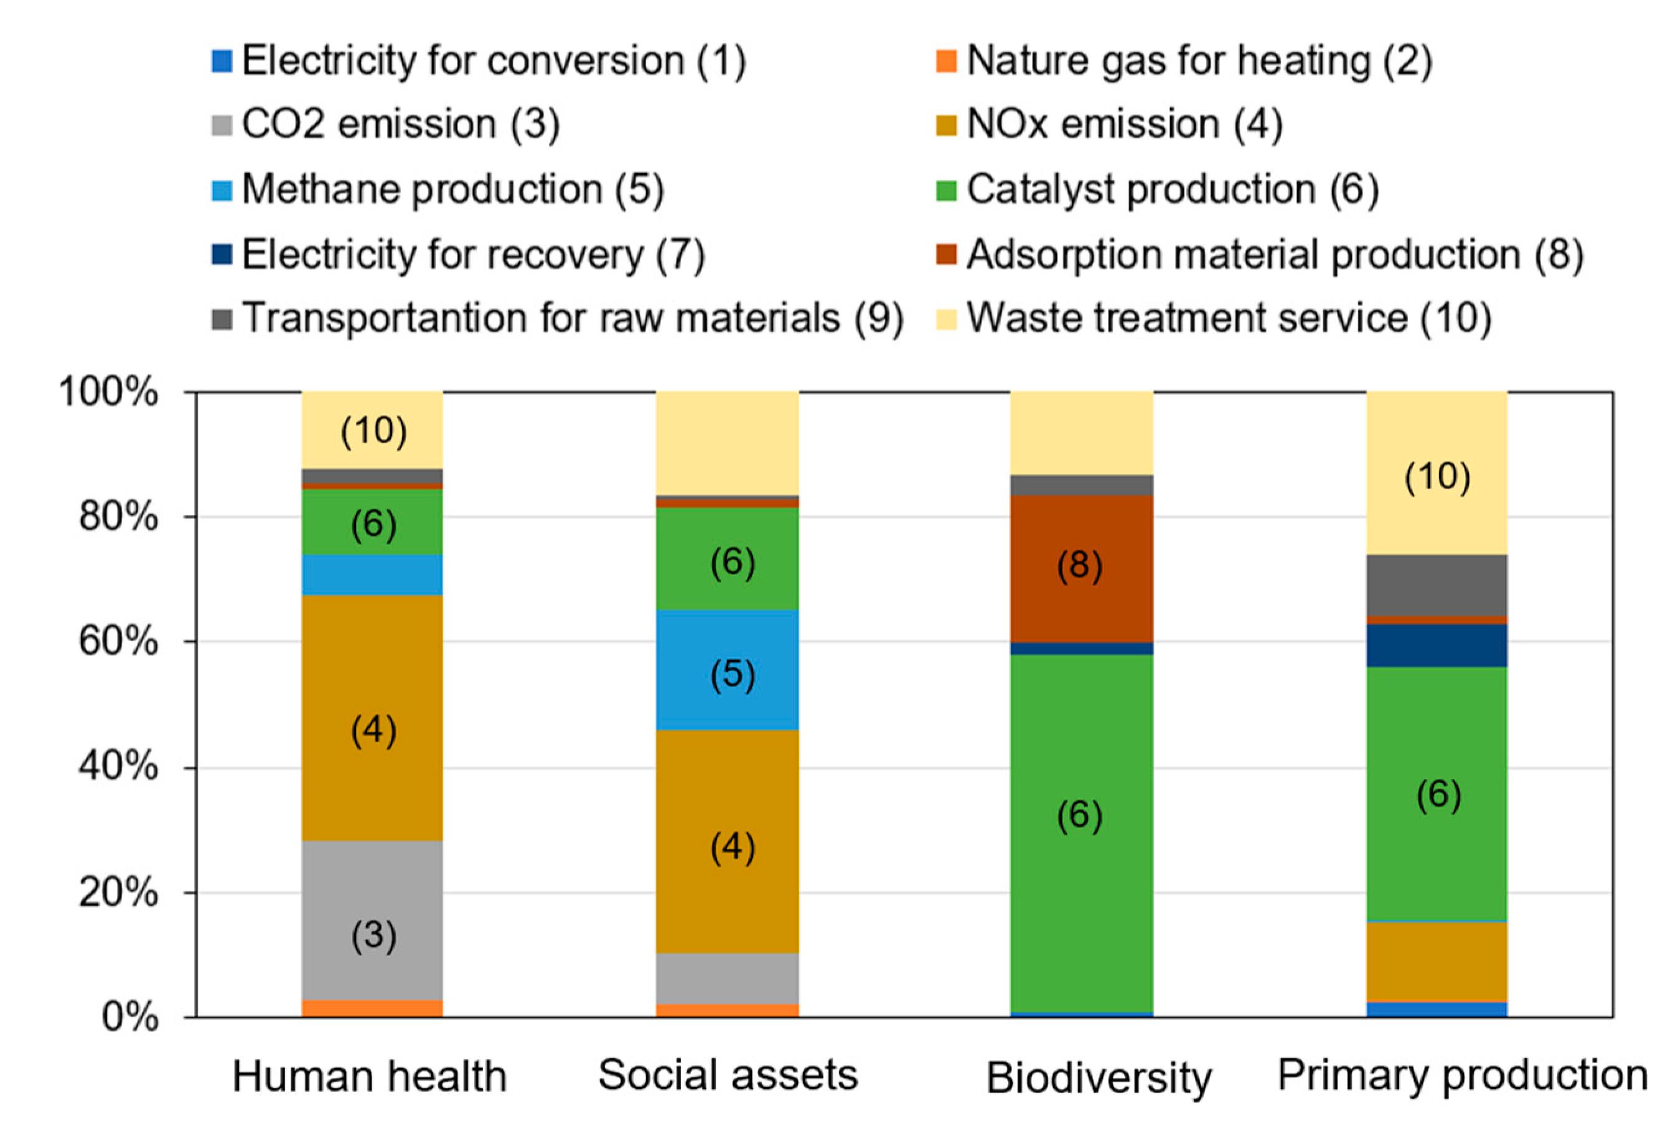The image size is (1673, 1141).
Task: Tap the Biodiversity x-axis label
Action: [1099, 1078]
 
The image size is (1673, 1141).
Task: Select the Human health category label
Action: [369, 1077]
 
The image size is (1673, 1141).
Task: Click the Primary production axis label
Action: [1462, 1076]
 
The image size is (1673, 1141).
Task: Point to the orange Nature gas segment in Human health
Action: [372, 1008]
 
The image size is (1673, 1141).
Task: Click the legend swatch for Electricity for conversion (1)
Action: [222, 61]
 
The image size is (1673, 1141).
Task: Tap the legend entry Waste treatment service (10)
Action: [1228, 317]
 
